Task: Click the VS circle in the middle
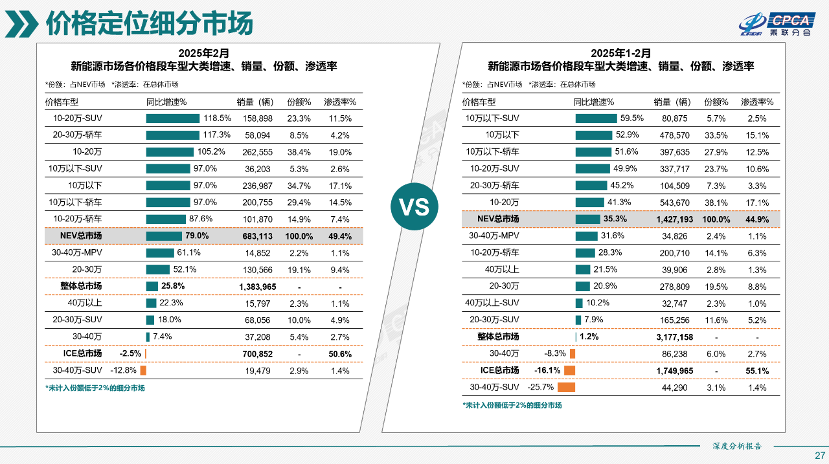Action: [414, 207]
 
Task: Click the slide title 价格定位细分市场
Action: [148, 24]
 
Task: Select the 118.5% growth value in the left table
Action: [217, 118]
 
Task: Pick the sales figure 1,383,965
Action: [257, 287]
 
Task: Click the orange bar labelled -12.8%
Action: [143, 371]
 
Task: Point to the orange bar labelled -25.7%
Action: [566, 388]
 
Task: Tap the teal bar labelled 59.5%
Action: [596, 118]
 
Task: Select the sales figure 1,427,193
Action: [674, 219]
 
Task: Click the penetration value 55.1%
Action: [756, 371]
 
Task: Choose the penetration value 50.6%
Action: [340, 354]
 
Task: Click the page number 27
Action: [819, 454]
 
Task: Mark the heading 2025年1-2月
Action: [620, 52]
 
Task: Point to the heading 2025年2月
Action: [203, 52]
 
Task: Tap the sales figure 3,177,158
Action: [674, 337]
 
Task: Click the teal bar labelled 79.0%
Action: [164, 236]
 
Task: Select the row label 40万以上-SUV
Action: [492, 304]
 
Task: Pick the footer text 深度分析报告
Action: [737, 446]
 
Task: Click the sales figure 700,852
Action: [257, 354]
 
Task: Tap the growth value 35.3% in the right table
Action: [615, 219]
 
